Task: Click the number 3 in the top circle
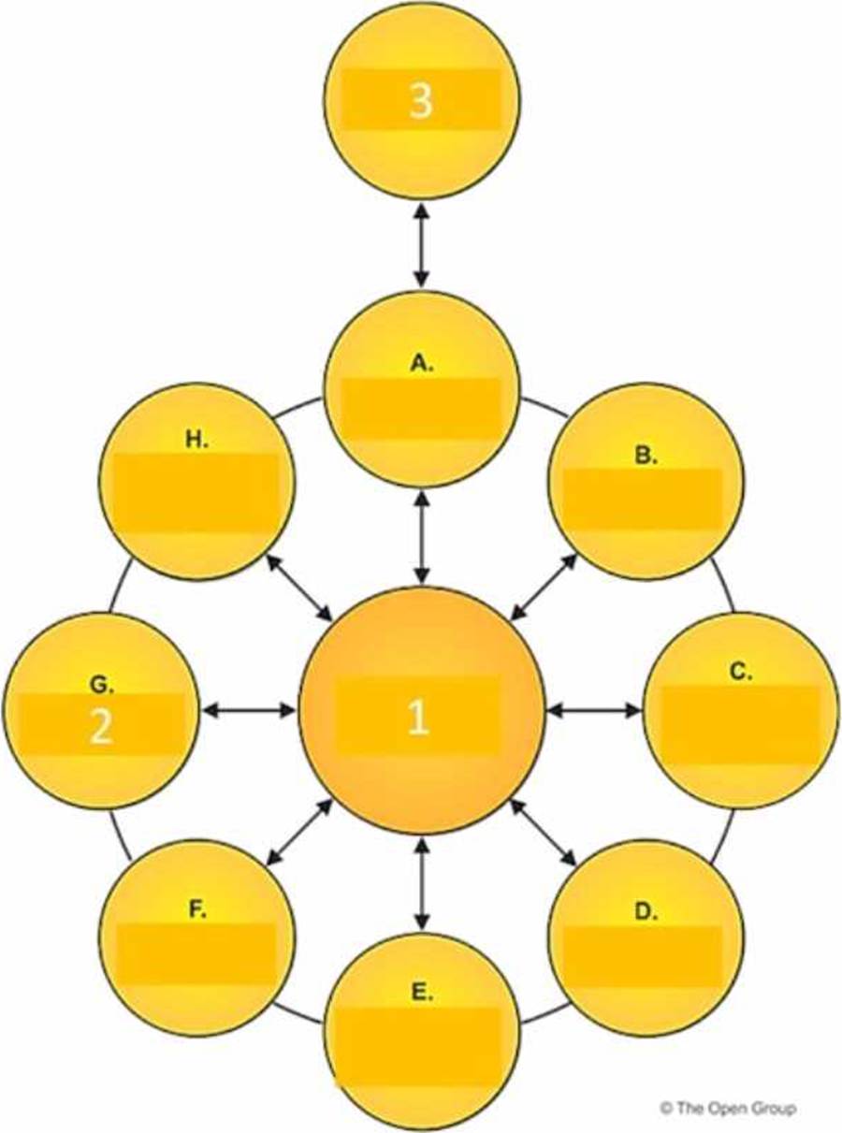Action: (x=421, y=101)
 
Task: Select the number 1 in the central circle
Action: (x=418, y=718)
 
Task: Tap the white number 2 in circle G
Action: (x=100, y=727)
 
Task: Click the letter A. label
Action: (x=422, y=364)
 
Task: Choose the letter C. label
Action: (x=741, y=671)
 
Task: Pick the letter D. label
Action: (x=646, y=911)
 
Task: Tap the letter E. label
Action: (x=422, y=993)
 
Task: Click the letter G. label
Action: (x=102, y=685)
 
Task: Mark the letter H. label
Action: (x=196, y=441)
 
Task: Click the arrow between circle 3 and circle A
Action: (x=421, y=245)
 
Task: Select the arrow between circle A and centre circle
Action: (x=422, y=535)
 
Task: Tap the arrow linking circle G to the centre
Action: (x=249, y=711)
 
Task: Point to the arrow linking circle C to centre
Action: (x=593, y=711)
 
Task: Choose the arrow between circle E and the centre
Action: (x=422, y=884)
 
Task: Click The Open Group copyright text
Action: (x=727, y=1108)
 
